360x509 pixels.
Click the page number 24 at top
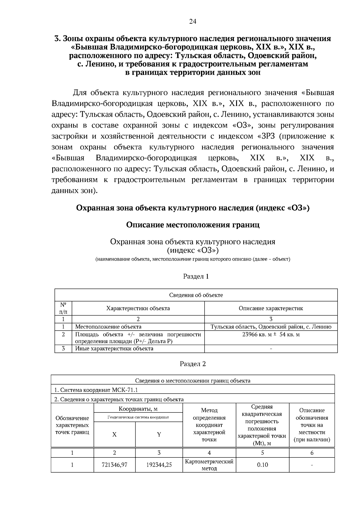193,21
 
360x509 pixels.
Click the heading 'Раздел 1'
196,276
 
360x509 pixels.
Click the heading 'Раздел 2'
193,364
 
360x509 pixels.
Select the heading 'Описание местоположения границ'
193,225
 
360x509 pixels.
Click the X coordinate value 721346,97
114,465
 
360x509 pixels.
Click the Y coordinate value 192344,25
159,465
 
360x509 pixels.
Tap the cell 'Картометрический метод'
209,465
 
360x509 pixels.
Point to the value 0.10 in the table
262,465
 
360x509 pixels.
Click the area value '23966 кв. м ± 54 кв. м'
271,334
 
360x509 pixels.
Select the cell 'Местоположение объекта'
108,327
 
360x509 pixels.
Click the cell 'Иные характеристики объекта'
114,349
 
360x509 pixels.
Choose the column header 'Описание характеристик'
271,308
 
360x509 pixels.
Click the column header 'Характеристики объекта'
138,308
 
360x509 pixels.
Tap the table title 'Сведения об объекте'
196,295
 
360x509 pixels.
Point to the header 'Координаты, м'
138,409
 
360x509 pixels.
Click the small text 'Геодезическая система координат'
138,417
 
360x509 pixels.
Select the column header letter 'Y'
159,434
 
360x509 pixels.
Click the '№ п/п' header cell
63,308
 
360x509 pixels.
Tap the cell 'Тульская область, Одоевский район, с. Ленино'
271,327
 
